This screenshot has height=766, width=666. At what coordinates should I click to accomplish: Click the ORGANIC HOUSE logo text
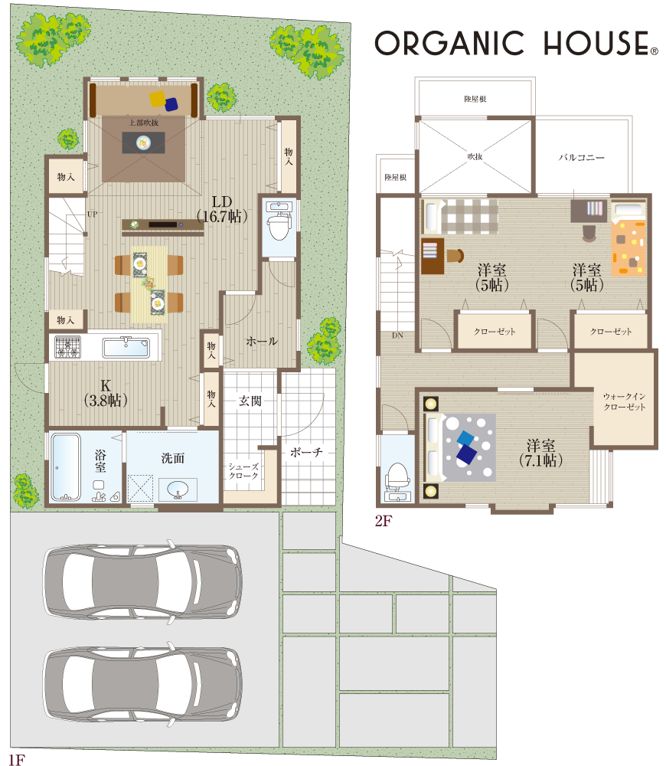pos(516,43)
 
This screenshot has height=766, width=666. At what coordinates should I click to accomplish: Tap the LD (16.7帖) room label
pos(222,209)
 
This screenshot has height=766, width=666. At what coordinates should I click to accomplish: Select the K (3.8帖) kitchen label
pos(106,393)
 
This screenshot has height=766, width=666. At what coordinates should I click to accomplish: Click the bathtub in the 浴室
pos(65,466)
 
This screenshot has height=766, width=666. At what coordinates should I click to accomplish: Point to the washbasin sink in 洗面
pos(178,489)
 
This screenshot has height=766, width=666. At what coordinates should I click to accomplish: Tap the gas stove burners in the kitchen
pos(68,347)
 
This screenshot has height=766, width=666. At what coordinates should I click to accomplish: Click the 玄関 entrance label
pos(250,401)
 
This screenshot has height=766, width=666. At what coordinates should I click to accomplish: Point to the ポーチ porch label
pos(306,453)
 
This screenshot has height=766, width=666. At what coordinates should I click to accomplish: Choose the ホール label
pos(262,341)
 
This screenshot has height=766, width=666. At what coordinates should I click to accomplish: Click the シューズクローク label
pos(243,471)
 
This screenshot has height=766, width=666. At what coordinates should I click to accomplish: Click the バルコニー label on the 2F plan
pos(581,157)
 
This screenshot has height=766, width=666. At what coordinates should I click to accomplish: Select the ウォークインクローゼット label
pos(625,401)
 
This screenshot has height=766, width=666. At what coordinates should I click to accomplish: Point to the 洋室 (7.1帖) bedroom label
pos(540,453)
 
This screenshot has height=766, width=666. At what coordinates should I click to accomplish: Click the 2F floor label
pos(384,521)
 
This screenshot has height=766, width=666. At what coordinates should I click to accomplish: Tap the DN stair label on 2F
pos(397,336)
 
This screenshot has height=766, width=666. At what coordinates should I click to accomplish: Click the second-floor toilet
pos(398,479)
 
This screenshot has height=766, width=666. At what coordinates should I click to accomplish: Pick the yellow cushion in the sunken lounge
pos(158,99)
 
